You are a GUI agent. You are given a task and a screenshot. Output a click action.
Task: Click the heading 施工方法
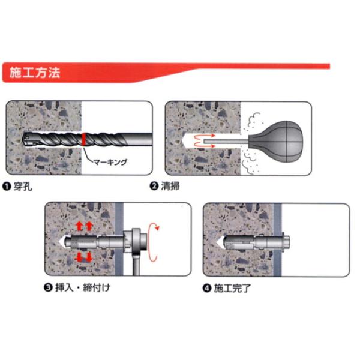click(35, 73)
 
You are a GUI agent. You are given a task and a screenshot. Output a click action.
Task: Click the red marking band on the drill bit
click(84, 139)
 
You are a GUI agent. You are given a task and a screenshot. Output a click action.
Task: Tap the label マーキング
click(110, 162)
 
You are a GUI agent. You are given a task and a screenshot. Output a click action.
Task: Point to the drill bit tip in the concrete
click(28, 139)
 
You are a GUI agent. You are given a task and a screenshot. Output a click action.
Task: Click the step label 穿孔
click(23, 186)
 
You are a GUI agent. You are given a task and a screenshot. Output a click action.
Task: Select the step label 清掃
click(170, 186)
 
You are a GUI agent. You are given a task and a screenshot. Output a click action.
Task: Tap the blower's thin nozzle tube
click(226, 142)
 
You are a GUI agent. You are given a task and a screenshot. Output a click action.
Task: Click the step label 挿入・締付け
click(83, 287)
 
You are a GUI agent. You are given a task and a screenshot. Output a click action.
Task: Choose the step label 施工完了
click(232, 288)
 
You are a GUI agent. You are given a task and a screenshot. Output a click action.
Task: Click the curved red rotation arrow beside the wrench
click(152, 242)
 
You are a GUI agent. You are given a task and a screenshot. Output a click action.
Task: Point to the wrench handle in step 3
click(136, 264)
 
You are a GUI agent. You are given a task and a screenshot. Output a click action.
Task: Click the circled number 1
click(7, 187)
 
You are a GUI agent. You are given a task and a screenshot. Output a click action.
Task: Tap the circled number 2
click(154, 186)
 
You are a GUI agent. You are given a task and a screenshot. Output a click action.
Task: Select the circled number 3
click(48, 287)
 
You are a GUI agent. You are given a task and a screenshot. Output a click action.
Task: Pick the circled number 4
click(207, 288)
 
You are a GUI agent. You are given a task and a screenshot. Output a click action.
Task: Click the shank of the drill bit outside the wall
click(138, 139)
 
